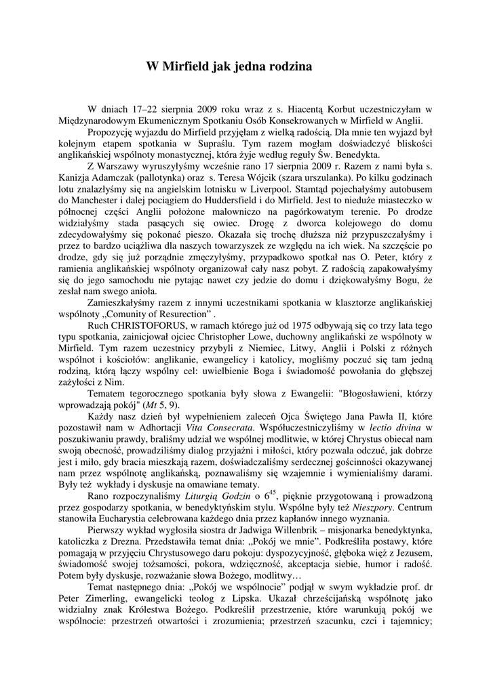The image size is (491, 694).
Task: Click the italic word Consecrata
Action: tap(231, 428)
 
